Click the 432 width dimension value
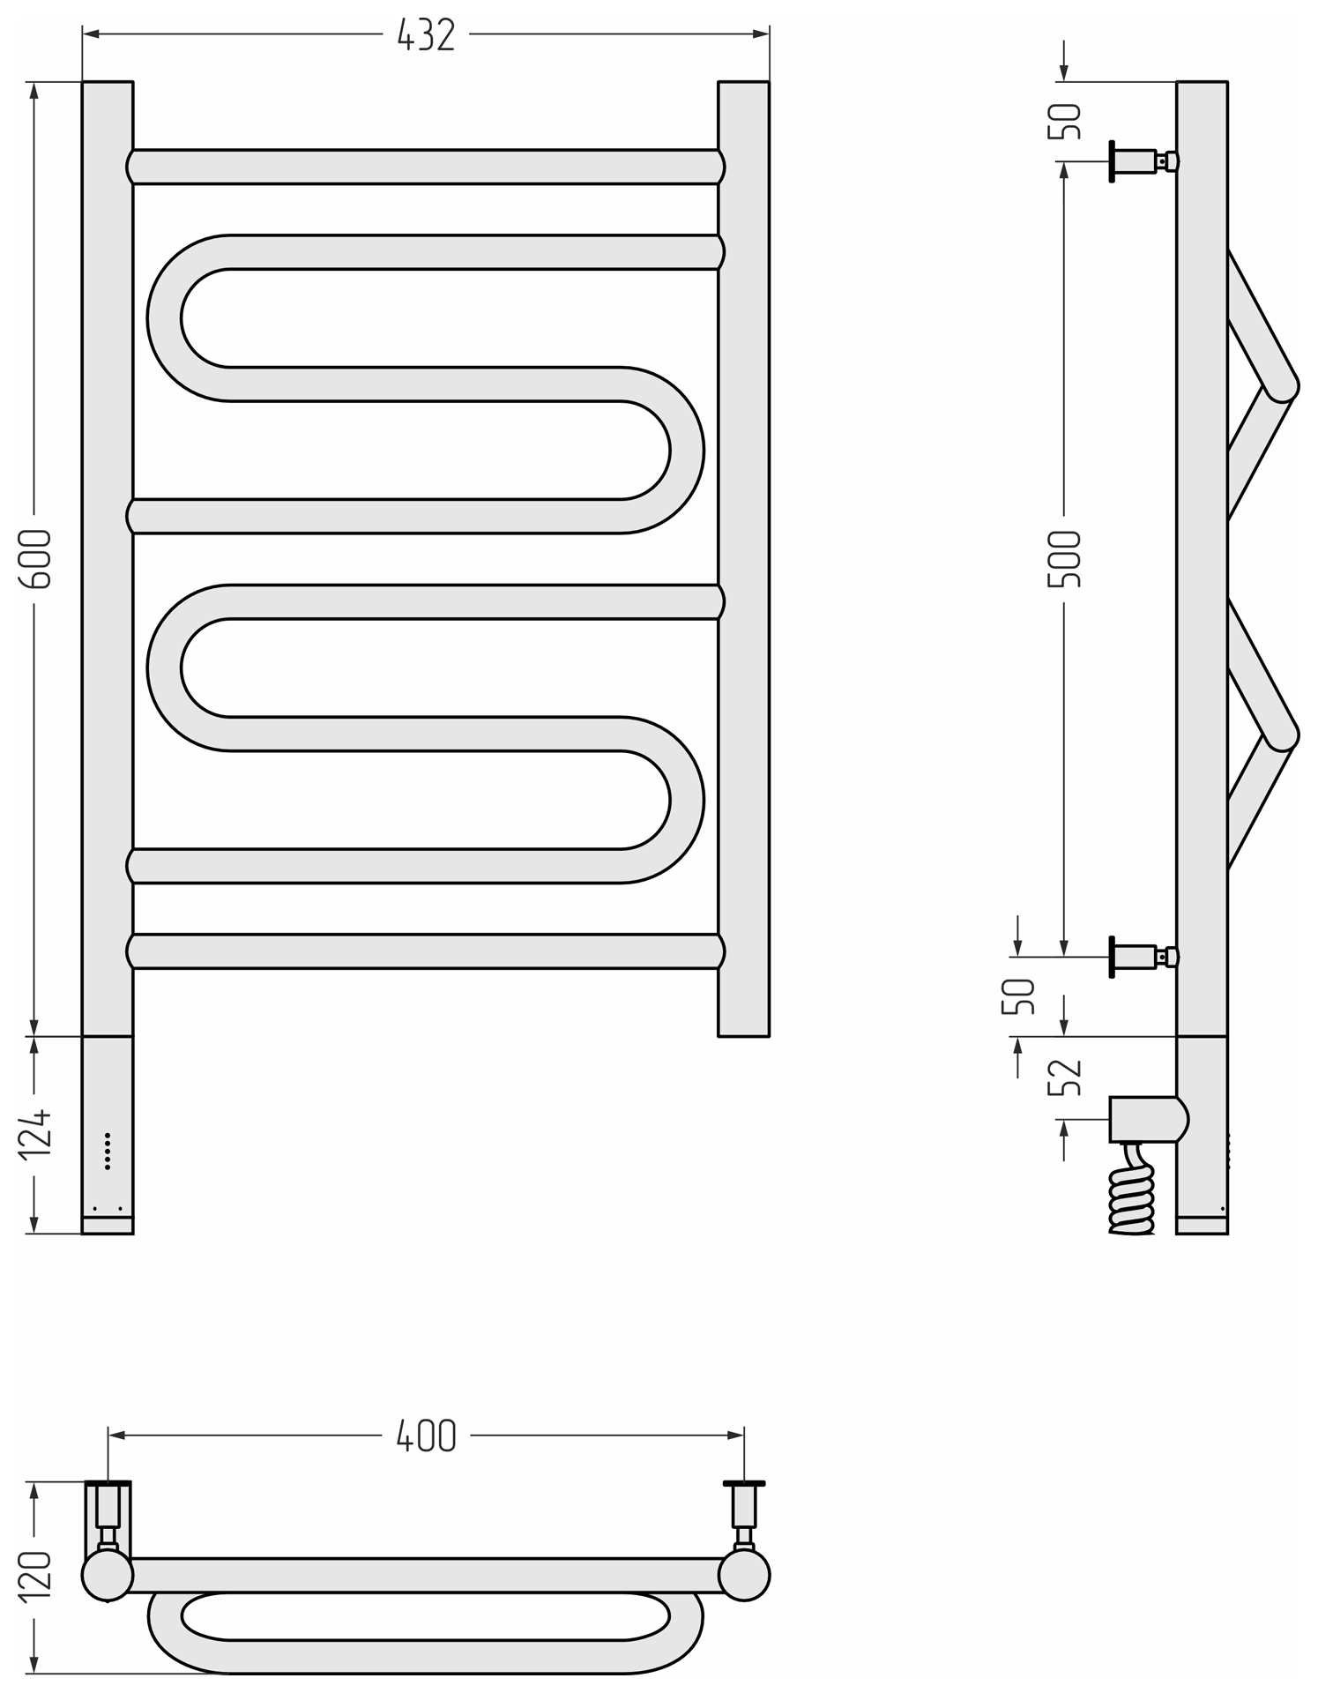426,35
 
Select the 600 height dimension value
38,559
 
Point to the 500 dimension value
1064,559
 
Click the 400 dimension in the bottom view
426,1436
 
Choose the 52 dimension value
1064,1077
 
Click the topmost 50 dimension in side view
1064,121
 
